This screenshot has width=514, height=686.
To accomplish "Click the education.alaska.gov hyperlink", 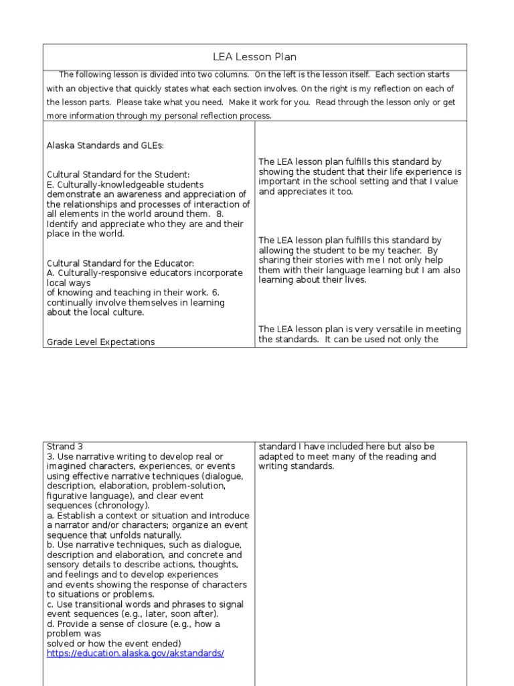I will tap(135, 653).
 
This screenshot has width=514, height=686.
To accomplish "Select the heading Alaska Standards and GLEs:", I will tap(105, 145).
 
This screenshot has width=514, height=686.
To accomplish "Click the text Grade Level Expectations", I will tap(100, 342).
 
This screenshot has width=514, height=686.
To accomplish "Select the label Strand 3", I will tap(65, 446).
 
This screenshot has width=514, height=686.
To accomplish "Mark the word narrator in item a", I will tap(75, 525).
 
